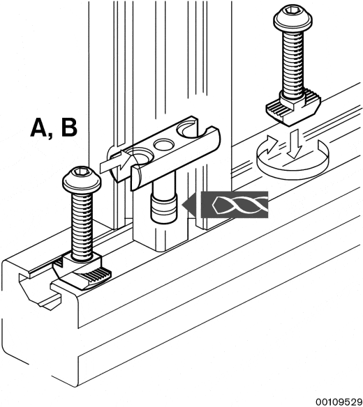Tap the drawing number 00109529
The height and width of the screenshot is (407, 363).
[x=339, y=402]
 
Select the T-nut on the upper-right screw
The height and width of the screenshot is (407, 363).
[x=293, y=107]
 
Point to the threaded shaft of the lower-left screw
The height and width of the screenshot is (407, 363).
[x=82, y=225]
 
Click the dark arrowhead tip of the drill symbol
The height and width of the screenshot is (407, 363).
[x=183, y=205]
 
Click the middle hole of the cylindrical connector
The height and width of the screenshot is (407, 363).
[x=164, y=144]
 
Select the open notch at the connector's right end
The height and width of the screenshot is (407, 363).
[x=189, y=130]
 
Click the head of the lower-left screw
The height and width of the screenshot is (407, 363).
[x=82, y=179]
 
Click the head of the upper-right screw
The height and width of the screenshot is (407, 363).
[x=292, y=19]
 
